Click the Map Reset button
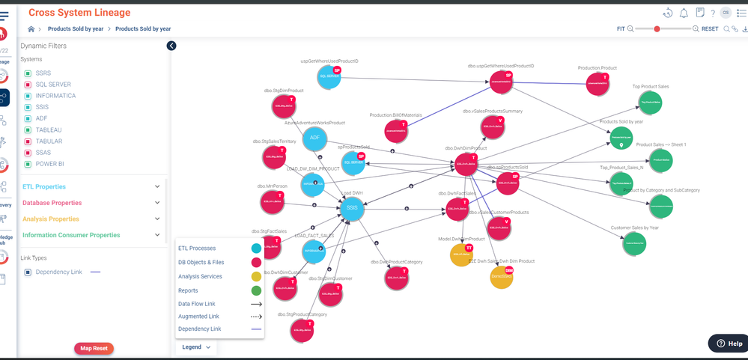click(x=94, y=348)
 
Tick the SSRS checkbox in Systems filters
click(x=28, y=73)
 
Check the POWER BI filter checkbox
click(x=28, y=164)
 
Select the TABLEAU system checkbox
click(x=28, y=130)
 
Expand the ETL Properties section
click(x=44, y=186)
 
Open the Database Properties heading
click(x=52, y=203)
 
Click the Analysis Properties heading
click(x=50, y=219)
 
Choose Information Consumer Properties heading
click(x=71, y=235)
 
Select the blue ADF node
click(x=315, y=138)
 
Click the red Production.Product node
click(x=597, y=83)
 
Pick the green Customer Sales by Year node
click(x=633, y=243)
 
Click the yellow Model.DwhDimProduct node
click(x=461, y=254)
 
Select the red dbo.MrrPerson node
click(x=273, y=201)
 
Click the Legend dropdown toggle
click(x=197, y=347)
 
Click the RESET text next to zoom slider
click(x=709, y=29)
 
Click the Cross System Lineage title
click(x=79, y=13)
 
